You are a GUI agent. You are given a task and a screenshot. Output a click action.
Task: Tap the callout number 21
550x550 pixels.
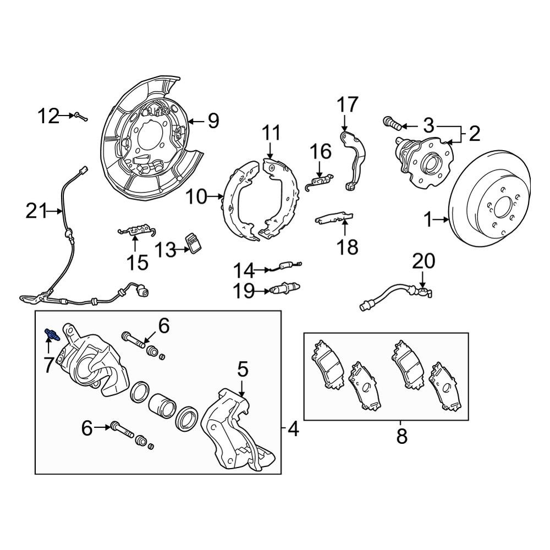coord(37,211)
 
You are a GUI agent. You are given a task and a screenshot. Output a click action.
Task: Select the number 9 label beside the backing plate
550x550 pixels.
coord(213,120)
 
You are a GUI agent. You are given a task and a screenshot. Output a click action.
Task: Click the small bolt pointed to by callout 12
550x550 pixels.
coord(81,116)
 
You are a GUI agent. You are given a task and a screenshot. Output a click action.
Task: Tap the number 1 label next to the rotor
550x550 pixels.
coord(428,220)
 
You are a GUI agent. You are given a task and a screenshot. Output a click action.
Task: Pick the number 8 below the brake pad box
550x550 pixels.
coord(402,436)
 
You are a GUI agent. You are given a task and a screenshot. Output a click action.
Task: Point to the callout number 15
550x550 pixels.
coord(137,262)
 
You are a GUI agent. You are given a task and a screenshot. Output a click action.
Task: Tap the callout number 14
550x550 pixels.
coord(244,271)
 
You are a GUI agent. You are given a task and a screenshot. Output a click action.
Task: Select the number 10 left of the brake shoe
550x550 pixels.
coord(197,196)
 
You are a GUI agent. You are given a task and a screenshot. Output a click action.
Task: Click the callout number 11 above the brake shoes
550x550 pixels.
coord(271,134)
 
